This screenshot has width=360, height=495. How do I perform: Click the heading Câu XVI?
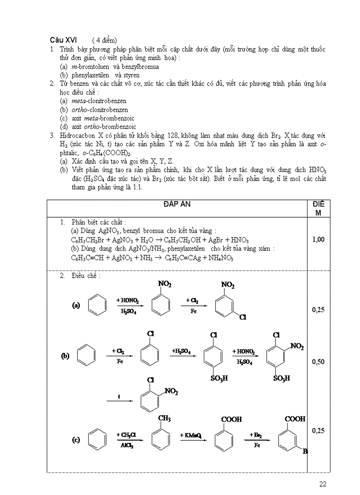coord(63,40)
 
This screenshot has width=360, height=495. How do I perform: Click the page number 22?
coord(322,484)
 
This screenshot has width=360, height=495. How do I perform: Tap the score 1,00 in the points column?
coord(318,239)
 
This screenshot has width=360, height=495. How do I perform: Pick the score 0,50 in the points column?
coord(318,361)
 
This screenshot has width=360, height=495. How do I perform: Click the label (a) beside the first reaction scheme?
coord(76,305)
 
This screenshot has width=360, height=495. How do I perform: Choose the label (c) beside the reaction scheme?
coord(76,439)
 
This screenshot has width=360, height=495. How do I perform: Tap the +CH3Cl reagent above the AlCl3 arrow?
coord(127,435)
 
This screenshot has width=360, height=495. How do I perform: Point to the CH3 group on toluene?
coord(164,418)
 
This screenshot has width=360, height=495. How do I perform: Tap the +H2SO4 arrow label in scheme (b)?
coord(181,351)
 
